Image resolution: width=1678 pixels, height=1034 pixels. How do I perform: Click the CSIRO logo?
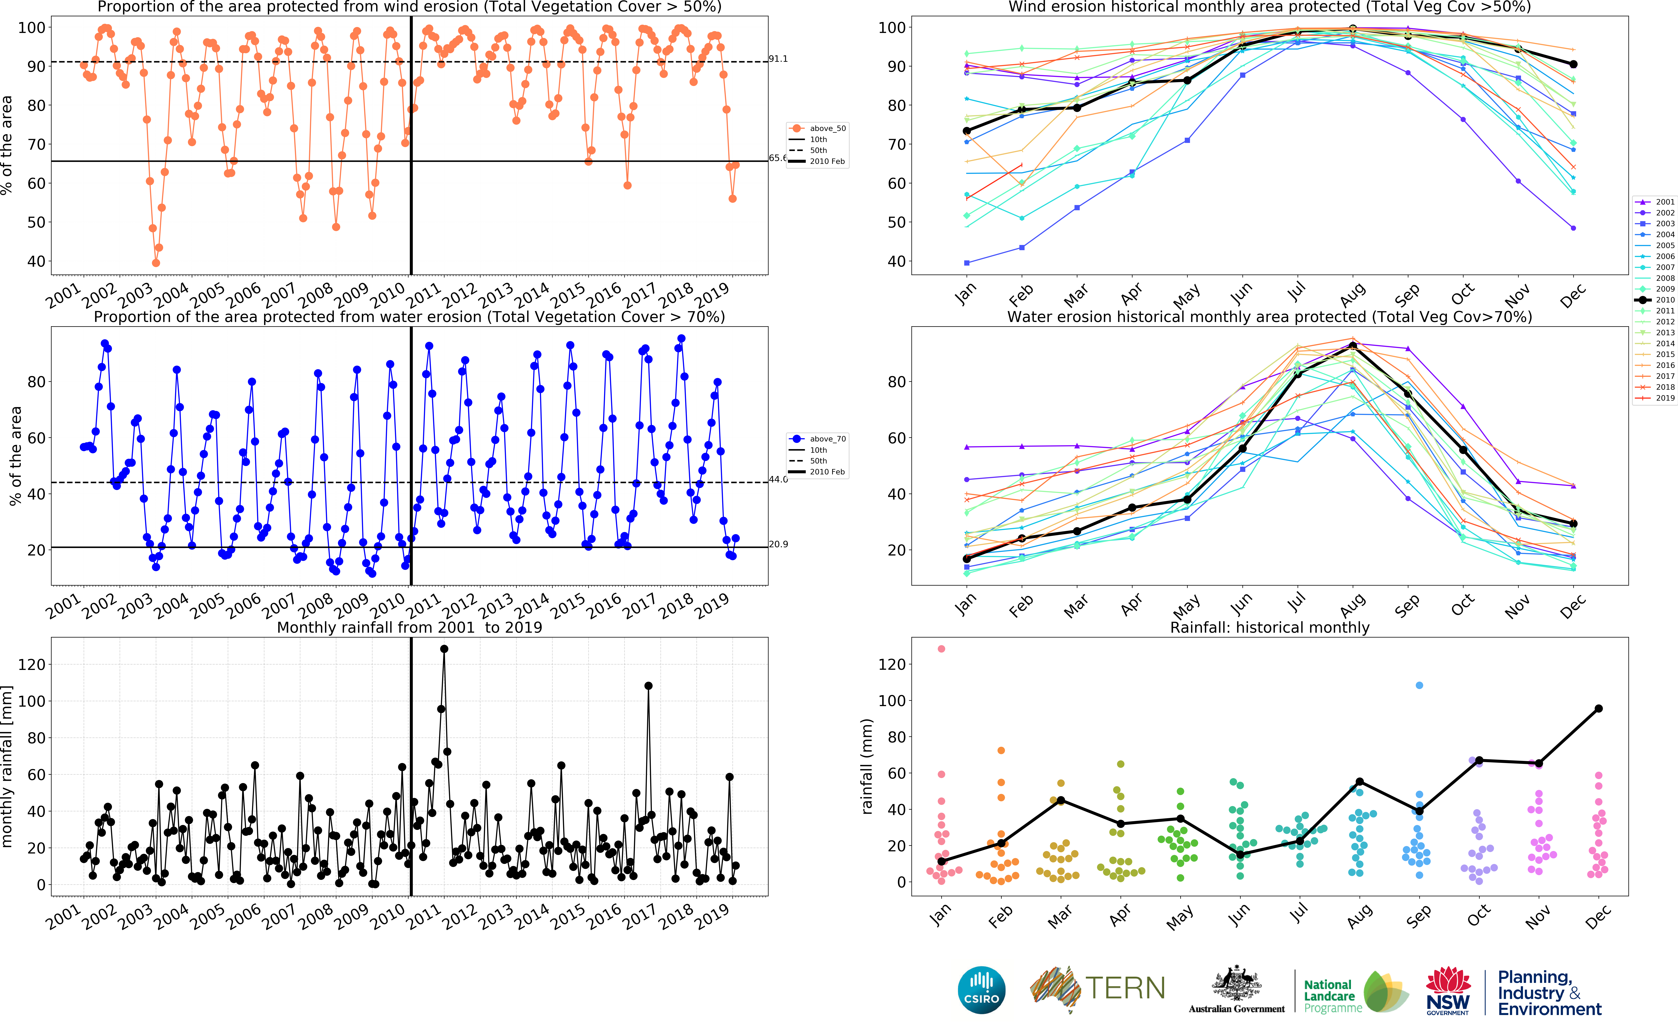point(982,990)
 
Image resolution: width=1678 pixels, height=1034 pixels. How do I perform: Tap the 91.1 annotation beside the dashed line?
point(778,59)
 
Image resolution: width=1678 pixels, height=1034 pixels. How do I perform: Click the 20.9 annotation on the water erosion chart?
point(778,544)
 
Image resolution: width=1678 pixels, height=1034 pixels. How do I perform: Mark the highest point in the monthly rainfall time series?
point(444,649)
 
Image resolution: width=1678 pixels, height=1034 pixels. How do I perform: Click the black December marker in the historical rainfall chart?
point(1599,708)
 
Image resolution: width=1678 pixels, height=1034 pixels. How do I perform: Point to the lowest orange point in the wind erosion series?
point(156,263)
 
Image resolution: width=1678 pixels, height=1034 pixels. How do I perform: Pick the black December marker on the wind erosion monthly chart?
point(1573,64)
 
